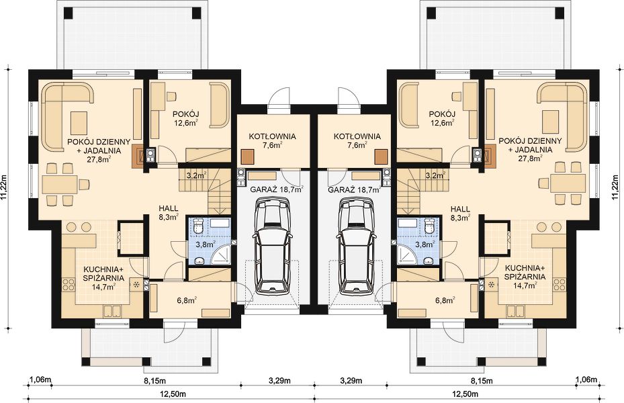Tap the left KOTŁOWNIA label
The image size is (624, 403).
[273, 136]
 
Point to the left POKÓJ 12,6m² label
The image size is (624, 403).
[186, 118]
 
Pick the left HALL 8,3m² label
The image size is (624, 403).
[169, 212]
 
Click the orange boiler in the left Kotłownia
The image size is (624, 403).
[249, 156]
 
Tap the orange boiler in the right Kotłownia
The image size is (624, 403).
[382, 156]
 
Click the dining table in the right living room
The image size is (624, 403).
[567, 184]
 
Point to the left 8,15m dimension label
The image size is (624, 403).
[154, 381]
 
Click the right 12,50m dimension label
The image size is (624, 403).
[466, 394]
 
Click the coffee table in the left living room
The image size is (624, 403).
[79, 123]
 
